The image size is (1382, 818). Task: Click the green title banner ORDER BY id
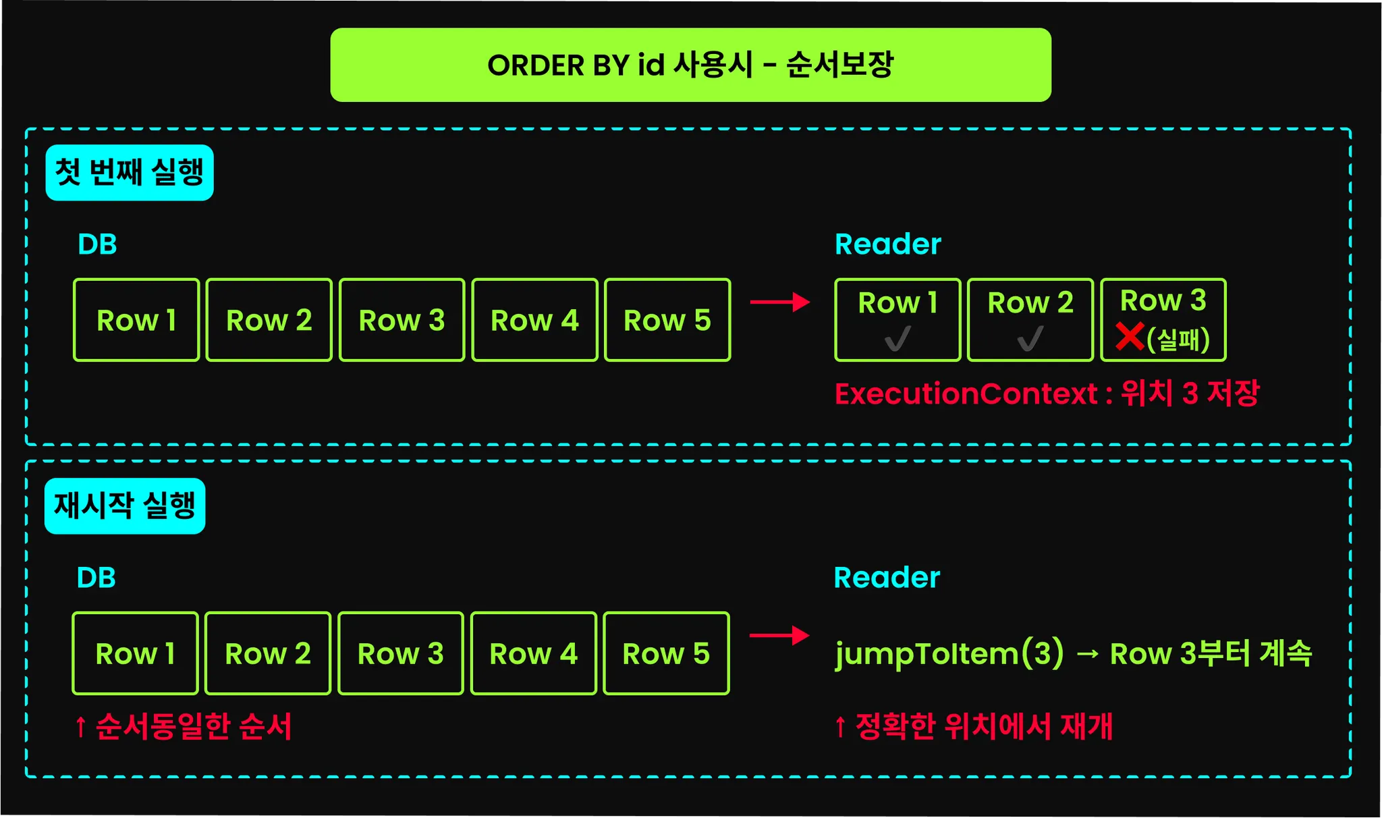click(x=690, y=65)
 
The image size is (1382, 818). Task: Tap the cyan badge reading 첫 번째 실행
click(x=130, y=173)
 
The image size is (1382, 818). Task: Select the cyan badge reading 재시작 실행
click(x=125, y=506)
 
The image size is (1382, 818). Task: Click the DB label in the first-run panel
click(x=97, y=244)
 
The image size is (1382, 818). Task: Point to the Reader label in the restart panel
click(x=887, y=578)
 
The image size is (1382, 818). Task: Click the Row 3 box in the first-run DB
click(x=402, y=320)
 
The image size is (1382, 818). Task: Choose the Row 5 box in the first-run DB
click(x=667, y=320)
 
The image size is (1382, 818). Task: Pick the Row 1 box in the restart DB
click(x=135, y=653)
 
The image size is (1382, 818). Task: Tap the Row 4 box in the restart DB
click(x=533, y=653)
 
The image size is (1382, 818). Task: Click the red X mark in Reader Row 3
click(x=1130, y=337)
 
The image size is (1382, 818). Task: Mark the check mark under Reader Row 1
click(x=897, y=339)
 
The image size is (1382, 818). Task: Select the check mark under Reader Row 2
click(x=1030, y=339)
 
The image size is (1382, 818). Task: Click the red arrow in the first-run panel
click(x=780, y=302)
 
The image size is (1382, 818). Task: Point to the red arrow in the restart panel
click(x=779, y=635)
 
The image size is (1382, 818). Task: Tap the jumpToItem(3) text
click(x=949, y=653)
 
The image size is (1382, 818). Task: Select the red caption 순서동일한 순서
click(x=184, y=727)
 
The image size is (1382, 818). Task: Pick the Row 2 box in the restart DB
click(x=268, y=653)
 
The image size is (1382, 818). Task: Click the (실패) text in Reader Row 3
click(x=1178, y=339)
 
